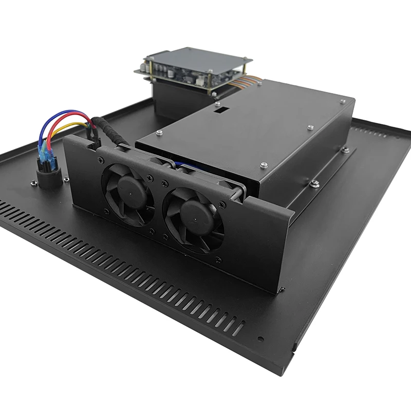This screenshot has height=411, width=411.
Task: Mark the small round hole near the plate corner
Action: click(261, 340)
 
